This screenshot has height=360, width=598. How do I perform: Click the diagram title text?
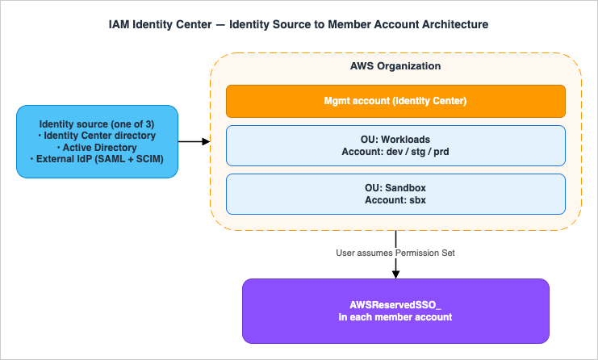point(299,24)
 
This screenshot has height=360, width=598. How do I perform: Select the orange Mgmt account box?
point(395,101)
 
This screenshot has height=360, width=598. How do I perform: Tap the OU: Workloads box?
point(395,145)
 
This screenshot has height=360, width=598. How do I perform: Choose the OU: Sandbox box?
point(395,193)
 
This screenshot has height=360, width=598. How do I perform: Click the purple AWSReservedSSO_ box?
point(395,311)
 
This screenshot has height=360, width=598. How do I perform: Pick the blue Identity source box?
point(97,142)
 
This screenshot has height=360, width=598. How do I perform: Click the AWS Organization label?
point(395,65)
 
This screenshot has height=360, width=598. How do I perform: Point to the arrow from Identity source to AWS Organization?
point(194,142)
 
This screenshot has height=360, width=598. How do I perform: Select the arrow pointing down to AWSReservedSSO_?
point(395,266)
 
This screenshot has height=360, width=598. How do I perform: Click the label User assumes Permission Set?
point(395,253)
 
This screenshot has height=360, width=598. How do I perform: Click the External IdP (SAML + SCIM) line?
point(97,160)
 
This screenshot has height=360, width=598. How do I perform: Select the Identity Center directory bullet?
point(97,136)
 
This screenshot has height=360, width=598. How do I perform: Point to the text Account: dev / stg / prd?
point(395,152)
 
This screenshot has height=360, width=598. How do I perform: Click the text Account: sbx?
point(395,199)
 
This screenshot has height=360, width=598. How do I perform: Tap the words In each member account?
point(395,317)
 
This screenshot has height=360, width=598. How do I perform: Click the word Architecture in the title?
point(452,24)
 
